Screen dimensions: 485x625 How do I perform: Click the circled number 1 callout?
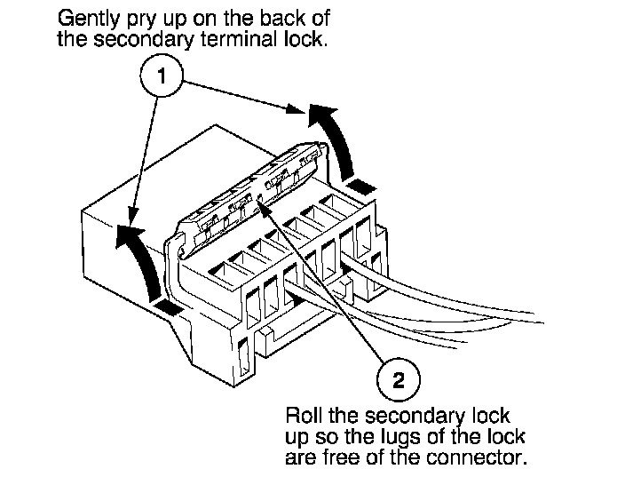pyautogui.click(x=160, y=77)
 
